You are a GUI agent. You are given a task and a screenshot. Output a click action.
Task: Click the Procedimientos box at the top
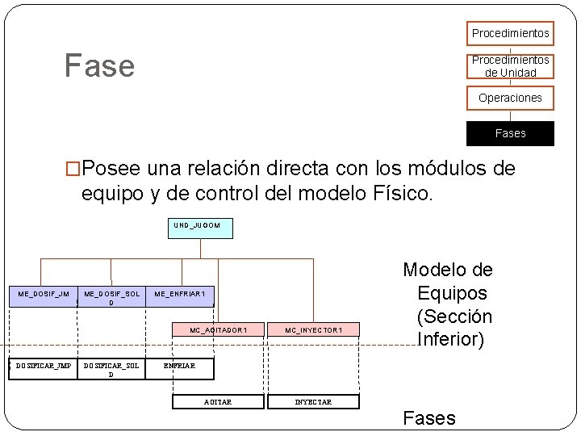[x=510, y=33]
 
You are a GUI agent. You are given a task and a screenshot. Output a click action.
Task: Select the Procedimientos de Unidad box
[x=510, y=66]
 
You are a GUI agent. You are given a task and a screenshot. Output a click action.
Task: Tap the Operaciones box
[x=510, y=98]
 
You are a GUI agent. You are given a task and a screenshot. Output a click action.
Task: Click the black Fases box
[x=510, y=133]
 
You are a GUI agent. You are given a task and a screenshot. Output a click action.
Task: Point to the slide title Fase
[x=100, y=65]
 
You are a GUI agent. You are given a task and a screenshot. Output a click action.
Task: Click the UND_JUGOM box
[x=201, y=228]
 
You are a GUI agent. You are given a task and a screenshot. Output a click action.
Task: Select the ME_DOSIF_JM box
[x=43, y=296]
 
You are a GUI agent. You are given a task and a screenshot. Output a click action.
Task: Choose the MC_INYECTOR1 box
[x=314, y=330]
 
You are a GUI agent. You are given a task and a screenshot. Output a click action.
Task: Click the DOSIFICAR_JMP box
[x=43, y=367]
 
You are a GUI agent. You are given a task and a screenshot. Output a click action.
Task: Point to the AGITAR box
[x=218, y=401]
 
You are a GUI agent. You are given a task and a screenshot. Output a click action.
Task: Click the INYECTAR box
[x=313, y=401]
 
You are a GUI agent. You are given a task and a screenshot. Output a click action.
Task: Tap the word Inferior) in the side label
[x=451, y=339]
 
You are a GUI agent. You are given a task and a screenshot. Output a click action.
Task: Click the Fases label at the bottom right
[x=429, y=417]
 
